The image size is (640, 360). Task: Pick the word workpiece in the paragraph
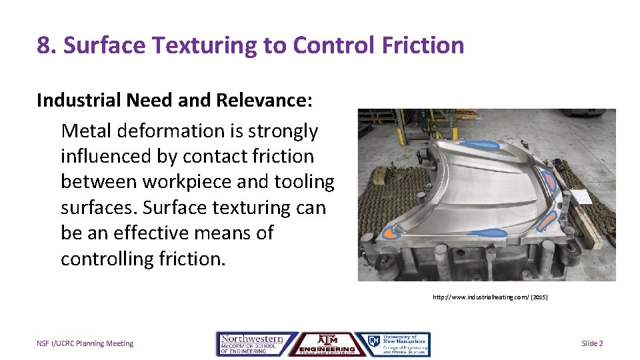207,182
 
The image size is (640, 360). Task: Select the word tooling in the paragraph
303,182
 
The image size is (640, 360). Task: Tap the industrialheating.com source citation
490,297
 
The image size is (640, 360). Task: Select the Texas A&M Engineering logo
327,344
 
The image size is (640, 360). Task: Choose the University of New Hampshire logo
393,344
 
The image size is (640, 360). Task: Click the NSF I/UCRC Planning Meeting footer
85,343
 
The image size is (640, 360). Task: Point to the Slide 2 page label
592,343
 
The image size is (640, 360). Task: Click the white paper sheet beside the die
580,197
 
